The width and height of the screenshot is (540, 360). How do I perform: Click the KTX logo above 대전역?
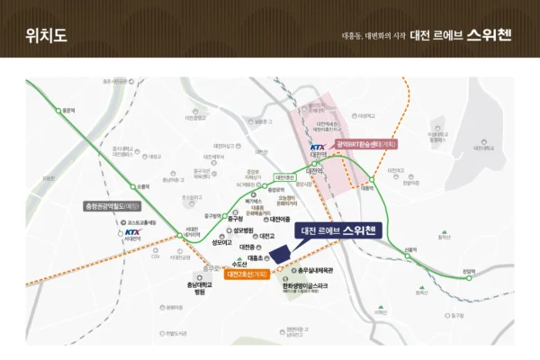317,148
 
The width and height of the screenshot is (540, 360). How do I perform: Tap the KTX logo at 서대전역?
133,231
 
